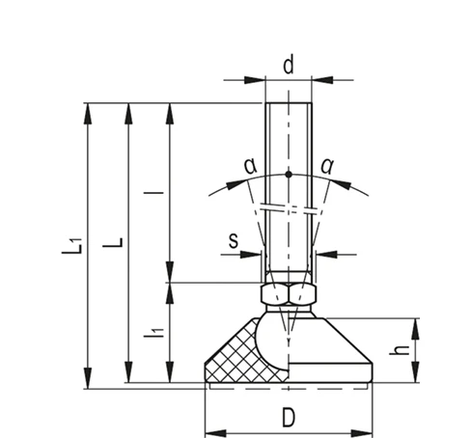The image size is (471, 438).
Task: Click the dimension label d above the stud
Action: click(289, 65)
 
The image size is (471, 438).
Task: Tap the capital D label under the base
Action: click(289, 418)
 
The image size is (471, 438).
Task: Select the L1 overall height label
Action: click(72, 246)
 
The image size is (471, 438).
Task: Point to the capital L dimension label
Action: click(113, 242)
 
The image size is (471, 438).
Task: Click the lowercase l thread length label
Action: click(153, 193)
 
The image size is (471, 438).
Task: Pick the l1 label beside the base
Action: click(154, 333)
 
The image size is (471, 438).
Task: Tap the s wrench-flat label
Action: click(234, 240)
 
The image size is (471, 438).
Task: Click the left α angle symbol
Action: click(251, 166)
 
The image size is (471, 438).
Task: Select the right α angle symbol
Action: click(327, 166)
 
